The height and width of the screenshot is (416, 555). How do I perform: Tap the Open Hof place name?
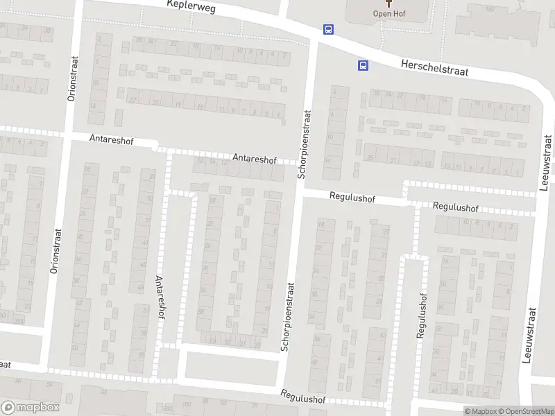pyautogui.click(x=388, y=13)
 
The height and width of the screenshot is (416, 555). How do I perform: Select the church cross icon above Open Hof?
pyautogui.click(x=388, y=3)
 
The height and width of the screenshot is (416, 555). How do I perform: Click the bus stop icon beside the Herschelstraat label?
pyautogui.click(x=362, y=66)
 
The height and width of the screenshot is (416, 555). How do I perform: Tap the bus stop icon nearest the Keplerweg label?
pyautogui.click(x=327, y=29)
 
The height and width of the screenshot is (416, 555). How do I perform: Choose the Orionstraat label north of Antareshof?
pyautogui.click(x=71, y=79)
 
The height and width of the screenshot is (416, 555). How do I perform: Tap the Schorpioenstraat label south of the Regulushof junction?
pyautogui.click(x=287, y=315)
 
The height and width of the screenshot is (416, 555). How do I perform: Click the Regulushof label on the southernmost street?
pyautogui.click(x=303, y=397)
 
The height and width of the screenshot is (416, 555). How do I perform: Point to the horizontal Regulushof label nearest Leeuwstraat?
pyautogui.click(x=455, y=207)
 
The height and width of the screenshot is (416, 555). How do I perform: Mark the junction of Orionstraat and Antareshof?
pyautogui.click(x=66, y=133)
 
